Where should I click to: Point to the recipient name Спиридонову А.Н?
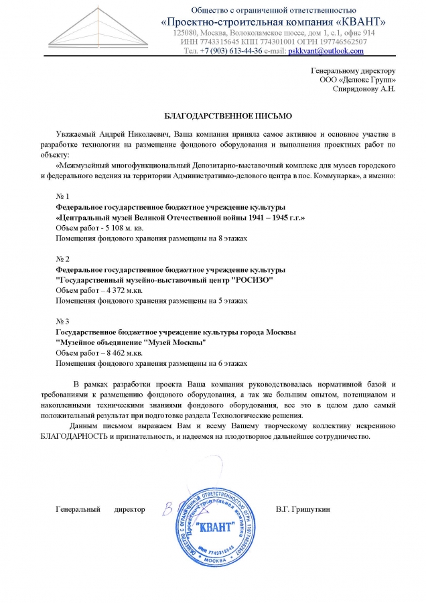(x=366, y=88)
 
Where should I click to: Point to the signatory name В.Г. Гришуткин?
(x=303, y=510)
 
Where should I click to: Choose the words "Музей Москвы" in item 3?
(x=175, y=342)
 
